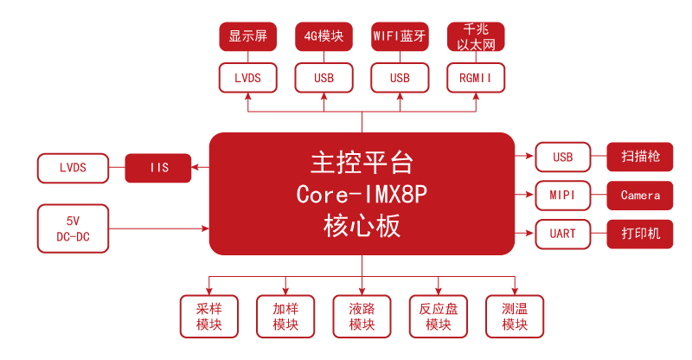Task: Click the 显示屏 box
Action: click(x=247, y=36)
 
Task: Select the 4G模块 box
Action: click(x=324, y=36)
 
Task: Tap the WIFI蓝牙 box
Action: click(x=400, y=36)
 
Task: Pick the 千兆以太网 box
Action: click(x=476, y=36)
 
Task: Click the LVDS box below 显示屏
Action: click(x=247, y=78)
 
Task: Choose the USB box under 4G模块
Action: click(x=324, y=78)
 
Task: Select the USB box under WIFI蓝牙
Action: click(x=400, y=78)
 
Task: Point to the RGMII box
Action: click(x=476, y=78)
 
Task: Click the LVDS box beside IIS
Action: click(x=73, y=168)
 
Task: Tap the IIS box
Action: click(x=158, y=168)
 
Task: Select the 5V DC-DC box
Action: click(x=73, y=228)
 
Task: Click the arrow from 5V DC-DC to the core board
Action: click(x=159, y=228)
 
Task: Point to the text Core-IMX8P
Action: click(x=362, y=194)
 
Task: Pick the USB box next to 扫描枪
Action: click(x=563, y=157)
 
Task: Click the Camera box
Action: click(x=640, y=196)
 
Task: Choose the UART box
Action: click(x=563, y=234)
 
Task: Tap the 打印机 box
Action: click(x=640, y=234)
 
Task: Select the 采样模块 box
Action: click(x=209, y=317)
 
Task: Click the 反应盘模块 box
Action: click(x=438, y=317)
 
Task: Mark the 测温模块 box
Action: click(x=514, y=317)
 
